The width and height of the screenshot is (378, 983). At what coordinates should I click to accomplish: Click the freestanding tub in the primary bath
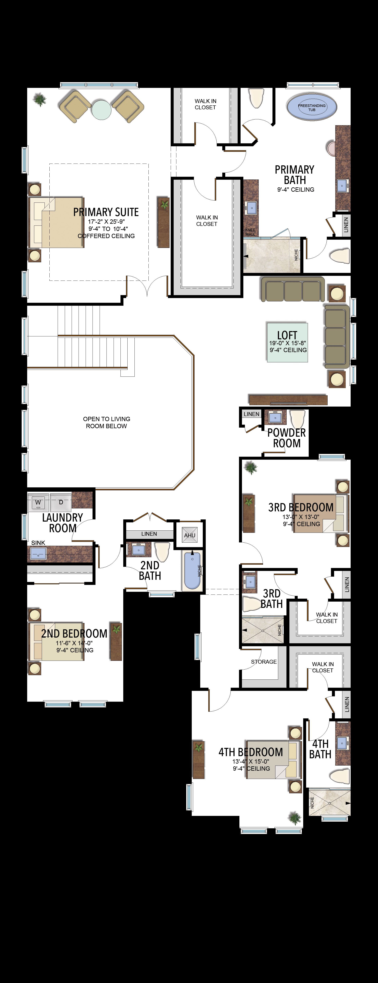tap(312, 107)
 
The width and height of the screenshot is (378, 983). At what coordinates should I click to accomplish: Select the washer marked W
tap(38, 502)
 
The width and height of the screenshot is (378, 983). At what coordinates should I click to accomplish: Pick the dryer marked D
tap(60, 502)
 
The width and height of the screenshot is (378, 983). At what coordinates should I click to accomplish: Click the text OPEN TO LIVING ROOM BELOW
tap(106, 422)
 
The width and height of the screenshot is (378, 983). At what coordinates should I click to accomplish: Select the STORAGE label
tap(264, 662)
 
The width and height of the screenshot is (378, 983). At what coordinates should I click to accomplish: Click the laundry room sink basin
tap(38, 553)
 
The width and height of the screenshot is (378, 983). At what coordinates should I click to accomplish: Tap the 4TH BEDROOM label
tap(251, 752)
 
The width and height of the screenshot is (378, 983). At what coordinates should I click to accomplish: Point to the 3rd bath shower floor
tap(263, 630)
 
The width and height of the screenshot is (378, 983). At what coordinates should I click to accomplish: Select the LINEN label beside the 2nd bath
tap(149, 534)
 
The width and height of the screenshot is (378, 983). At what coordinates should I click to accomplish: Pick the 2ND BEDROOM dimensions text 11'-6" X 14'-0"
tap(74, 643)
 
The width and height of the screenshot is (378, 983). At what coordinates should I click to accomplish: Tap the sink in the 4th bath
tap(342, 742)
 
